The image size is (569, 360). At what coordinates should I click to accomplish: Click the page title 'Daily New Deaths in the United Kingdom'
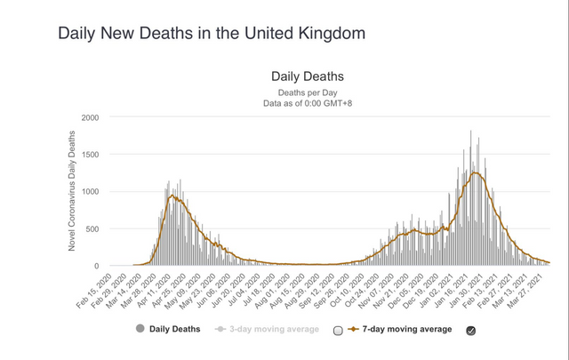(212, 34)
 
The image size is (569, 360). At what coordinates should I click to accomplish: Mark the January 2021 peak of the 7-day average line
(477, 173)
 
